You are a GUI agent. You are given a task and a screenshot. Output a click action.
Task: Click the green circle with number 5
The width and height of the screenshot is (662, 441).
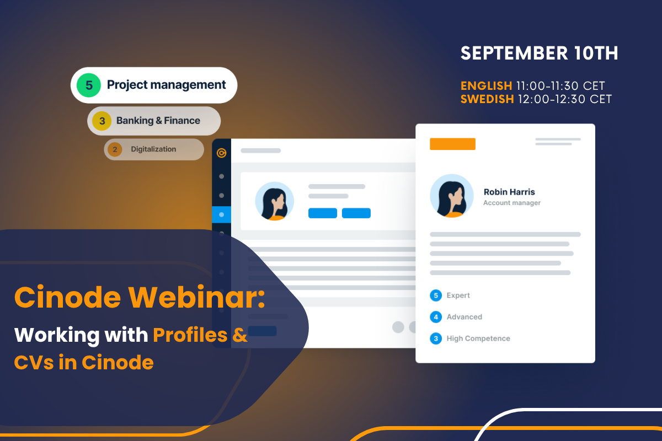(x=89, y=85)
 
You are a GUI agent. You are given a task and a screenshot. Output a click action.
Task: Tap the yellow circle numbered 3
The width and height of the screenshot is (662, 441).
(x=102, y=121)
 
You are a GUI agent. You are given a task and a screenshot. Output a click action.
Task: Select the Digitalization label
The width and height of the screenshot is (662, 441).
(x=153, y=149)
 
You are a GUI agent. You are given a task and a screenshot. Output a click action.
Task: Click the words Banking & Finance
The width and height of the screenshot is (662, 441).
(x=158, y=121)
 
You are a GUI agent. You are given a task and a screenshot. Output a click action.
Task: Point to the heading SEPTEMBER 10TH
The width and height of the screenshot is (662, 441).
(x=540, y=53)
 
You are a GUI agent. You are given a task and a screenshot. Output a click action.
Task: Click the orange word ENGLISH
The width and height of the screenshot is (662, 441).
(x=486, y=86)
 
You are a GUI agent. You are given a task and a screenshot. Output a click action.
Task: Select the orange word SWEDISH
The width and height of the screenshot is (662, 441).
(x=487, y=99)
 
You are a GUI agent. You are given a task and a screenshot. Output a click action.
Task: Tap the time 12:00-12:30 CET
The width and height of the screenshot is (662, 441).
(x=565, y=99)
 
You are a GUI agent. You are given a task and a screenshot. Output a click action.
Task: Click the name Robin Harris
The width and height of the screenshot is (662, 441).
(x=509, y=192)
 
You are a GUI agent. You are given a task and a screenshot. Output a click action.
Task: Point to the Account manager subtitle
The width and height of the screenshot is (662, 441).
(x=512, y=203)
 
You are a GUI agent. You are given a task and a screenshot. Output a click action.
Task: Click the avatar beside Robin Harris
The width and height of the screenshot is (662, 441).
(x=452, y=196)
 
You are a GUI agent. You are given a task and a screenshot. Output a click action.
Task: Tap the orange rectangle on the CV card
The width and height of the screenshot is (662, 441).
(x=452, y=144)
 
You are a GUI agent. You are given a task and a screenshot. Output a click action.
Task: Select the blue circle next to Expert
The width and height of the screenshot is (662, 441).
(x=436, y=295)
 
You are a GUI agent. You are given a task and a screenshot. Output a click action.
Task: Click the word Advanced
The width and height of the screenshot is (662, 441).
(x=465, y=317)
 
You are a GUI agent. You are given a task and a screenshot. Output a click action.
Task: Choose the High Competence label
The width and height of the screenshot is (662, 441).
(x=478, y=338)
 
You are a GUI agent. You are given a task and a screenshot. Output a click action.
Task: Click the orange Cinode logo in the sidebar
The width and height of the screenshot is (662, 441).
(x=221, y=153)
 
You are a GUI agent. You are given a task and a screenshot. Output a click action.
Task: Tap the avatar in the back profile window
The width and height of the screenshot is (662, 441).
(x=274, y=201)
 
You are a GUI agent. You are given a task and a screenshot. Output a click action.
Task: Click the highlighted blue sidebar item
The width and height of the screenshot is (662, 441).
(x=221, y=215)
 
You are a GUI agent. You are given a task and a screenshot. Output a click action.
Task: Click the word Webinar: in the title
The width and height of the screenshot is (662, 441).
(x=196, y=297)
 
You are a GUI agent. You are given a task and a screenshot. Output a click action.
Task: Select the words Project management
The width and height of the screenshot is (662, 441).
(x=166, y=85)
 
